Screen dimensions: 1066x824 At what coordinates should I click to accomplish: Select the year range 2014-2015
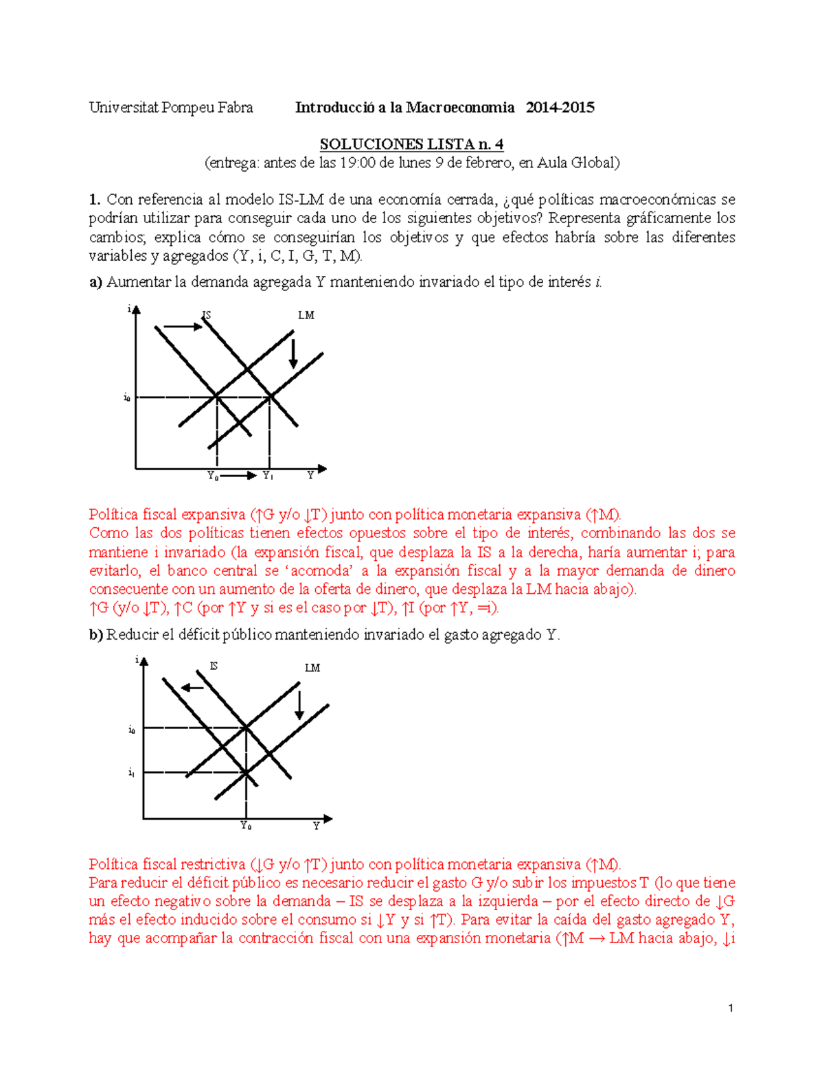pyautogui.click(x=560, y=107)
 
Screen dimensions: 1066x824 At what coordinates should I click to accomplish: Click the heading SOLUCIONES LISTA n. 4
pyautogui.click(x=411, y=144)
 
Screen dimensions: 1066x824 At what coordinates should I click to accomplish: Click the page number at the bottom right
pyautogui.click(x=731, y=1008)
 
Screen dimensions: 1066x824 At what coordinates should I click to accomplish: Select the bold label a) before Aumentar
pyautogui.click(x=95, y=282)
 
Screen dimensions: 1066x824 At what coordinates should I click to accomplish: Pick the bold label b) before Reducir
pyautogui.click(x=95, y=635)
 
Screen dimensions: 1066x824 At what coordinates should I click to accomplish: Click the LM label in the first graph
pyautogui.click(x=306, y=316)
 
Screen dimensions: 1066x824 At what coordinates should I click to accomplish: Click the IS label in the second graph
pyautogui.click(x=214, y=666)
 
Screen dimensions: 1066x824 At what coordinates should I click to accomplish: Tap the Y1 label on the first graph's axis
pyautogui.click(x=268, y=476)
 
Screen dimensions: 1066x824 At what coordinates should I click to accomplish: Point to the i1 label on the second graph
pyautogui.click(x=131, y=773)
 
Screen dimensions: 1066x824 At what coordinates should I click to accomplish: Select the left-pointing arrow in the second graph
pyautogui.click(x=192, y=688)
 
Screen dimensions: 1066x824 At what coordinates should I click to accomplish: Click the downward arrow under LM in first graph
pyautogui.click(x=293, y=354)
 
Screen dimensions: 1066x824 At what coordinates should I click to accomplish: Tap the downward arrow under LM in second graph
pyautogui.click(x=299, y=706)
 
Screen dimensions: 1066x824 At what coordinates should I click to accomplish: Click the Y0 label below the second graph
pyautogui.click(x=246, y=826)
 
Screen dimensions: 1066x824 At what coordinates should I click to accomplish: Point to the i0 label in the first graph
pyautogui.click(x=127, y=397)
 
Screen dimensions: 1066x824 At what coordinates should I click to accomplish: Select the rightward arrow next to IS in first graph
pyautogui.click(x=183, y=327)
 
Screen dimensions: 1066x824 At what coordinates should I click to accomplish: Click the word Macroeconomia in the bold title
pyautogui.click(x=460, y=107)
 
